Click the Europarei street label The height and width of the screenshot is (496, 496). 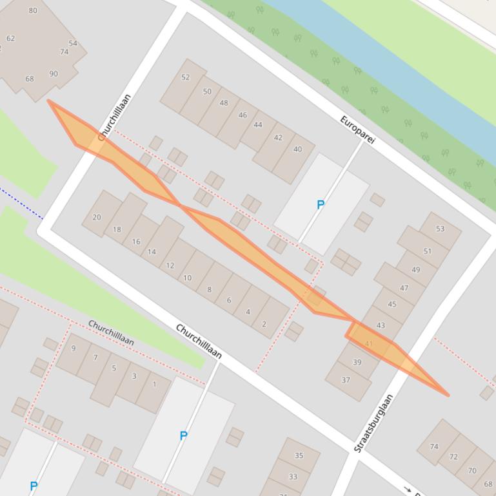357,129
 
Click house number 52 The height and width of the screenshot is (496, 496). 186,77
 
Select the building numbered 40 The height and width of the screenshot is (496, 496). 297,149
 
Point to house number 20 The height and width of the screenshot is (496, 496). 97,217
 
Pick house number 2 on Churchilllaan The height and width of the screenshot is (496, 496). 264,324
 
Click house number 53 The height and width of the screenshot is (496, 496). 440,229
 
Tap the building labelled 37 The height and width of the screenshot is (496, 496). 346,380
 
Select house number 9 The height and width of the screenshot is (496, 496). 74,348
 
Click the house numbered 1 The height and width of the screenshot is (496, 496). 154,385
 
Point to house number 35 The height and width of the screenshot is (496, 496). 299,455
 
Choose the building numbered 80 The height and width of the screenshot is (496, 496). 33,10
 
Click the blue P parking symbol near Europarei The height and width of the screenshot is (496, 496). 320,205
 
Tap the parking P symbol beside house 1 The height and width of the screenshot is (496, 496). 183,436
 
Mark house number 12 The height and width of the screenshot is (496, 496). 170,265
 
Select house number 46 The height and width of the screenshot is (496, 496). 243,115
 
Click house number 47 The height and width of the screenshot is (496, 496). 404,288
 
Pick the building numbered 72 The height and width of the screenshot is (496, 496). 453,457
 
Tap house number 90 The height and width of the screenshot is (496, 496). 53,74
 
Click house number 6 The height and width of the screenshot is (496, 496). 228,300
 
